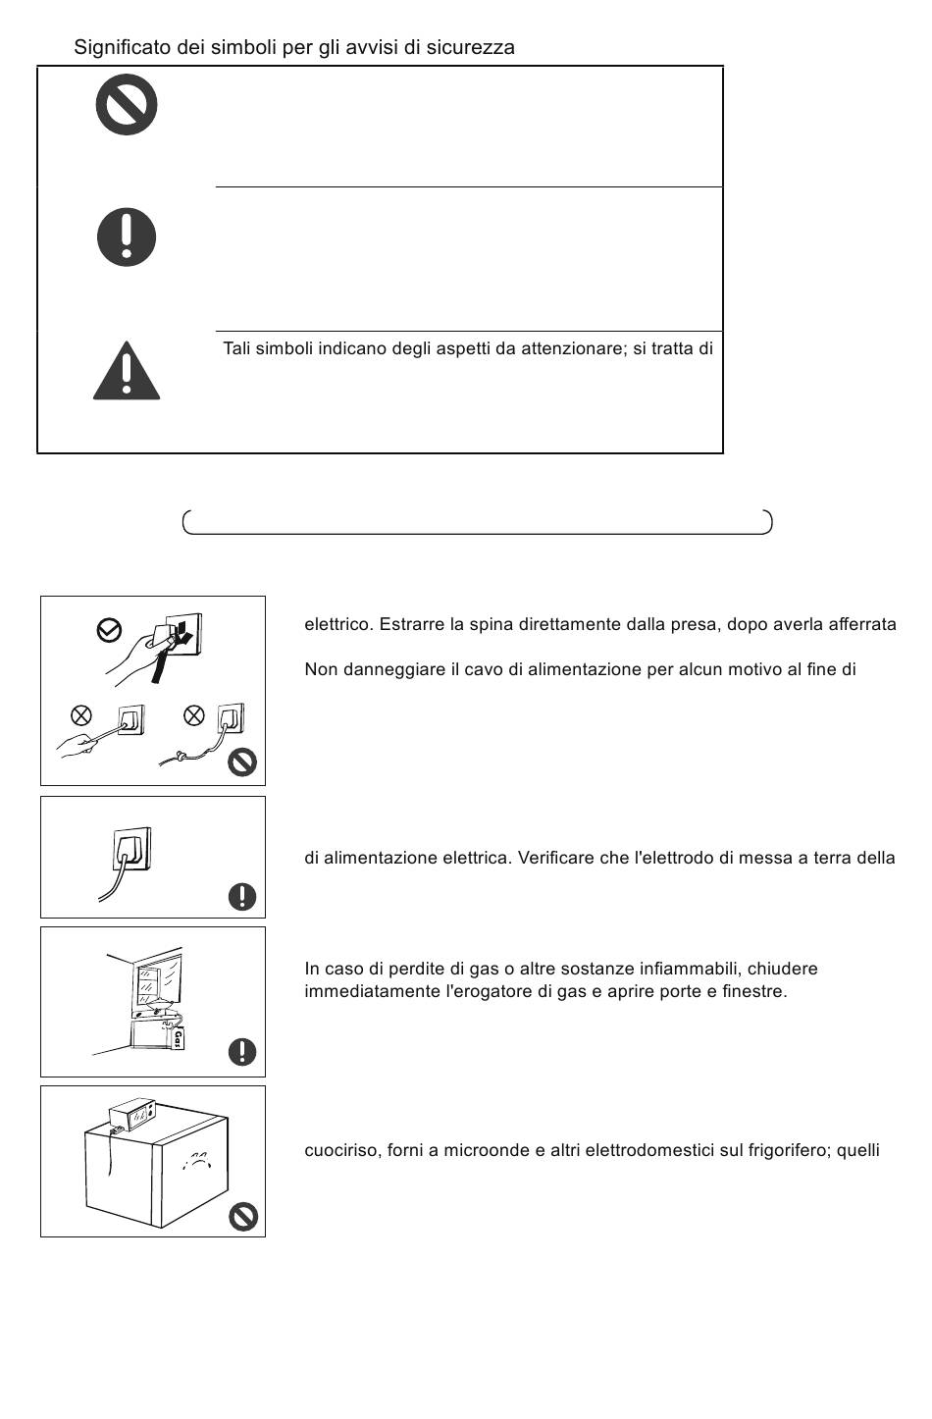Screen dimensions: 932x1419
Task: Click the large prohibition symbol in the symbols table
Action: click(x=127, y=105)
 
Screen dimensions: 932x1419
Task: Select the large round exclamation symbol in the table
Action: click(x=127, y=236)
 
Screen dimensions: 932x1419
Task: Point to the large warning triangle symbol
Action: click(x=127, y=371)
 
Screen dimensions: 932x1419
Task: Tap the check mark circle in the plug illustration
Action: click(x=109, y=630)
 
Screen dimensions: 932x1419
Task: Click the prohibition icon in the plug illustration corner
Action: click(x=242, y=762)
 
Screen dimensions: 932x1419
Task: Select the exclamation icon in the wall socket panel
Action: click(x=242, y=897)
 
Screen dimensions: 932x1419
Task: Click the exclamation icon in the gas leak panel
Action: click(x=242, y=1052)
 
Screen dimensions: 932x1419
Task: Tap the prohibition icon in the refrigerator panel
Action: click(x=243, y=1217)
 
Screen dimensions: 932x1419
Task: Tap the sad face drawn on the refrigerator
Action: click(x=195, y=1161)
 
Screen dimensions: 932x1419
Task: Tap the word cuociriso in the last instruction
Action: click(x=341, y=1150)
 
